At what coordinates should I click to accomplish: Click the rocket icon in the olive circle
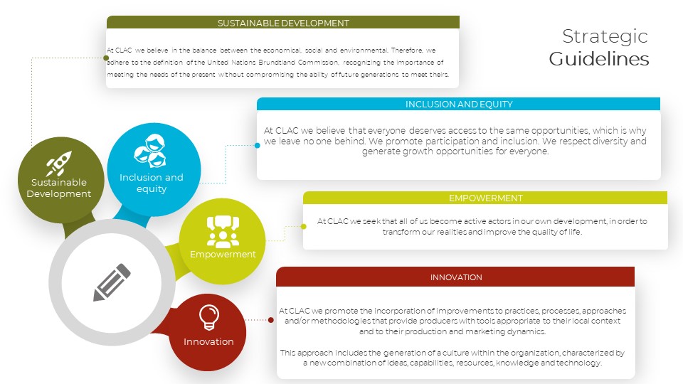point(59,164)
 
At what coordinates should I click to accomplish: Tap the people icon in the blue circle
point(150,151)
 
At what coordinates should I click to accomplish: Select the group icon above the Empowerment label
point(223,231)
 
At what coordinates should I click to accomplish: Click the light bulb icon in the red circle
point(208,317)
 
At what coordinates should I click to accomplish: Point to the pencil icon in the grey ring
point(112,282)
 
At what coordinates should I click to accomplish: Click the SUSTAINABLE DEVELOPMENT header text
point(283,23)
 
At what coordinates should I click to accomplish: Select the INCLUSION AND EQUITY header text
point(459,104)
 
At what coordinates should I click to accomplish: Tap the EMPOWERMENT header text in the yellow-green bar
point(486,198)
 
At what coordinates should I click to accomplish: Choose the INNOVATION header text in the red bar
point(456,277)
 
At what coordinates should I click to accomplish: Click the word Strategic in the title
point(605,36)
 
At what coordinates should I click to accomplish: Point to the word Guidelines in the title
point(599,59)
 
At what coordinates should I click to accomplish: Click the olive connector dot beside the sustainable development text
point(106,58)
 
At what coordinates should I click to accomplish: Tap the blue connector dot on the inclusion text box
point(258,145)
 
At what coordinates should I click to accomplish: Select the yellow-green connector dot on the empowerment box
point(304,226)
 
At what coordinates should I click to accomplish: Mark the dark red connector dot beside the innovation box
point(271,320)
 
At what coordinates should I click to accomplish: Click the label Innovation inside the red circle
point(208,342)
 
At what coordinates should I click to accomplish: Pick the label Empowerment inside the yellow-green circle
point(223,255)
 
